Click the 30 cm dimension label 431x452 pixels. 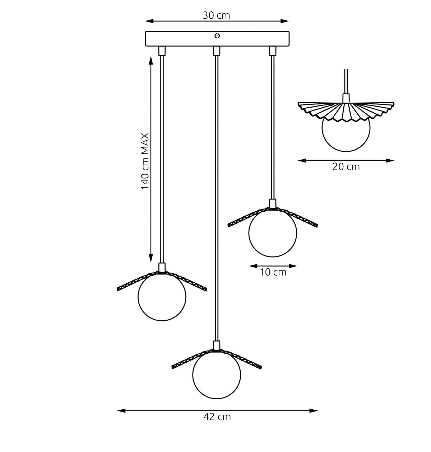[x=216, y=15]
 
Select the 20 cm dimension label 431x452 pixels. [x=346, y=167]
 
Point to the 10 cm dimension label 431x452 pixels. [x=273, y=272]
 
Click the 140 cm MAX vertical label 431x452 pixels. [x=145, y=161]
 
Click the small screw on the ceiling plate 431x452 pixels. [x=217, y=36]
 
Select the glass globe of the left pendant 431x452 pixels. [x=162, y=297]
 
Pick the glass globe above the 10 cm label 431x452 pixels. [x=273, y=233]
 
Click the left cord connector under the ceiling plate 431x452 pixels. [x=162, y=51]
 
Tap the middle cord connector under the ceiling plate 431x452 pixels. [x=217, y=51]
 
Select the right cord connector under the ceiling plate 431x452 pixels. [x=273, y=51]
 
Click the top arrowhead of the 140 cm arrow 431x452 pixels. [x=151, y=61]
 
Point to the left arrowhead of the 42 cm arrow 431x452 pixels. [x=121, y=411]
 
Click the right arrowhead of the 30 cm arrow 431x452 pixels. [x=284, y=21]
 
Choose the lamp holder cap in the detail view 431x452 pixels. [x=346, y=98]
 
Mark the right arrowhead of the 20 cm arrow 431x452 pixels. [x=390, y=160]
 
